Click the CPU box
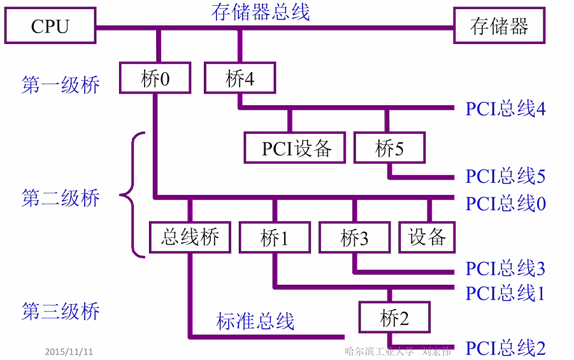pos(50,26)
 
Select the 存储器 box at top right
pos(499,26)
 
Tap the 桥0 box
pos(155,78)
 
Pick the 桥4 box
pos(240,78)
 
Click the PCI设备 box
pos(295,148)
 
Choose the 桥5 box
pos(389,148)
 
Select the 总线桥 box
pos(190,237)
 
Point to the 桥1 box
pos(275,237)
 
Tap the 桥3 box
pos(354,237)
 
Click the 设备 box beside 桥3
pos(427,237)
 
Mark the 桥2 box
pos(394,317)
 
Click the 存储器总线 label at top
pos(261,11)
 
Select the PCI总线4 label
pos(505,109)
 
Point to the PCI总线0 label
pos(505,203)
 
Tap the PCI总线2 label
pos(505,348)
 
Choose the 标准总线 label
pos(255,321)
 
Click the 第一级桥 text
pos(61,85)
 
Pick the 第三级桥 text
pos(61,312)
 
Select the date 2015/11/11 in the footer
pos(69,351)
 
